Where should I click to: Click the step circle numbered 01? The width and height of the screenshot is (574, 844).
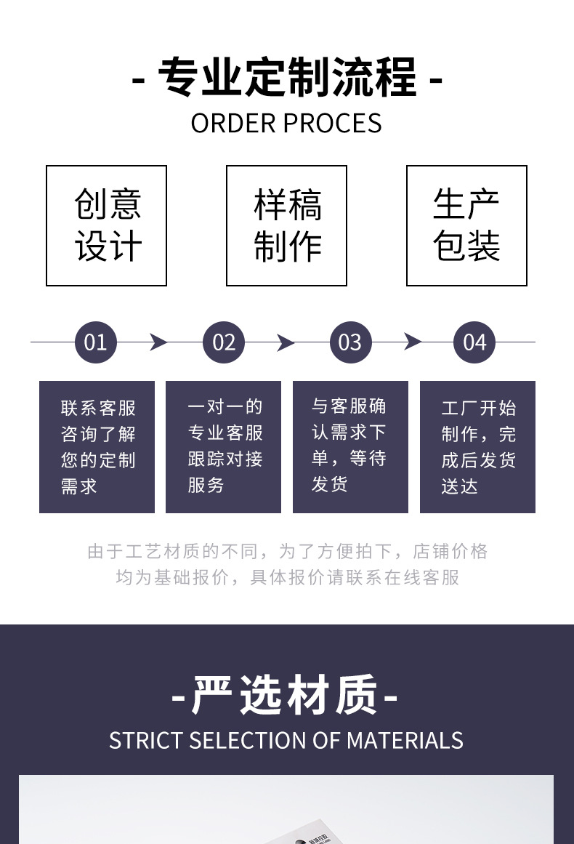[x=95, y=342]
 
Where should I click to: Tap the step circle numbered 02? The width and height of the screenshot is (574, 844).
[x=223, y=342]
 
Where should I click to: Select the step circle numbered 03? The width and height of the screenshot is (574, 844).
[x=350, y=342]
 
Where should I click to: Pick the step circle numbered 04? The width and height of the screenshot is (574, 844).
[x=474, y=342]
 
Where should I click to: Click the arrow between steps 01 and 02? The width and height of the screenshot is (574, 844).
[x=158, y=342]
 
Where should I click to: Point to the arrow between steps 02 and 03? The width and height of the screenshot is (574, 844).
[x=286, y=342]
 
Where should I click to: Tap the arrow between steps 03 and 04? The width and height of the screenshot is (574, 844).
[x=413, y=342]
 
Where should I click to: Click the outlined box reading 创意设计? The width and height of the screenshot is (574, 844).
[x=47, y=225]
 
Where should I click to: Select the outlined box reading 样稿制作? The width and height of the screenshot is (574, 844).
[x=227, y=225]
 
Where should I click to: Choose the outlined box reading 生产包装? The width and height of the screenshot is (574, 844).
[x=407, y=225]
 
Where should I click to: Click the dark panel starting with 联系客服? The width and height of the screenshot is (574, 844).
[x=97, y=447]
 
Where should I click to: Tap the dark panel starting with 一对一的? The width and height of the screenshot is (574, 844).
[x=223, y=447]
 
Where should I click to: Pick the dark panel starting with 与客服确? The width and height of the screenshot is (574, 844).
[x=350, y=447]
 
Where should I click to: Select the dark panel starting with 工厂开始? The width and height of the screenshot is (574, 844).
[x=477, y=447]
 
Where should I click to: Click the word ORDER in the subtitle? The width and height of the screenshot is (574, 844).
[x=233, y=124]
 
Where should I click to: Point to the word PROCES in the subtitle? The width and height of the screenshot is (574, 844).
[x=333, y=124]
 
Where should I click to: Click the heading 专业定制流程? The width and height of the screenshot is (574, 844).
[x=287, y=78]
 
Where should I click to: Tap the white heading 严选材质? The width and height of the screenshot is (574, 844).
[x=285, y=695]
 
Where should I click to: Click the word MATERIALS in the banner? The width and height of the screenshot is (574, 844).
[x=405, y=741]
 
